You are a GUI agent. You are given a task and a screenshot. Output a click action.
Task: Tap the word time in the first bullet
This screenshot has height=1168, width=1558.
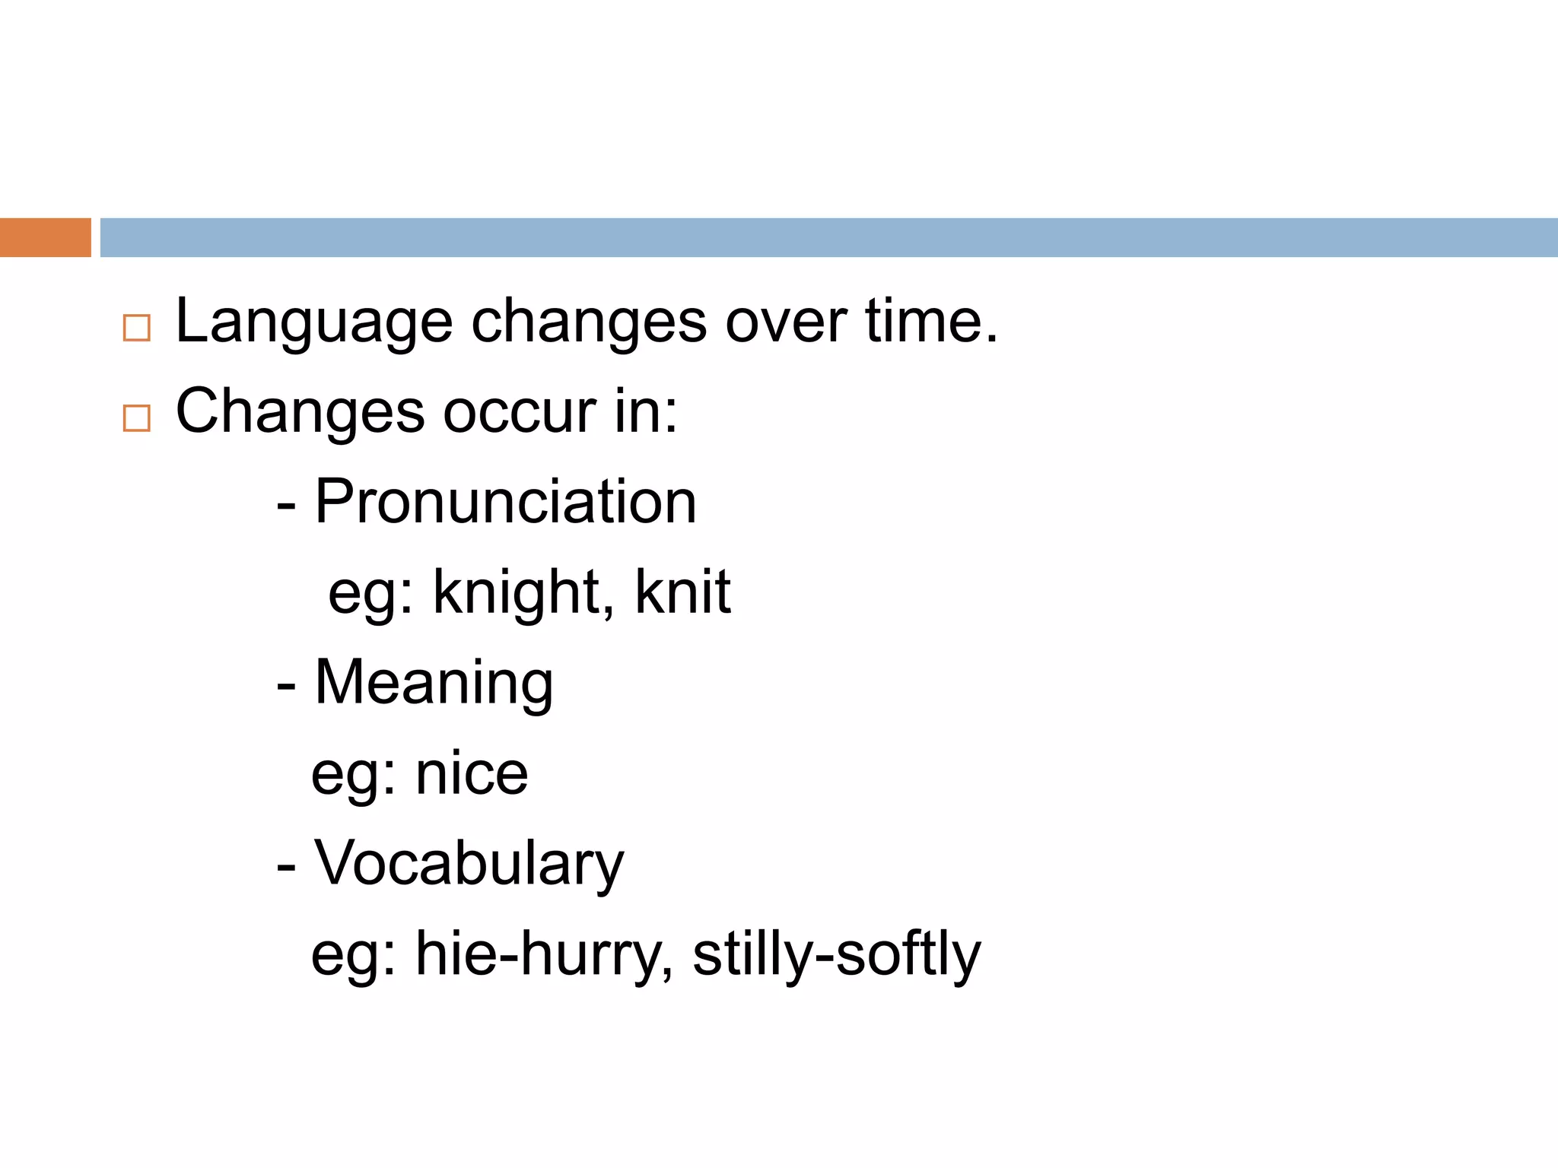[930, 321]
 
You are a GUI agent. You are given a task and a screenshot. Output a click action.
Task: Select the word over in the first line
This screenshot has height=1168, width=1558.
[784, 322]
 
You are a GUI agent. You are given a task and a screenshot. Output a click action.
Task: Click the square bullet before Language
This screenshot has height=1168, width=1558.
[136, 328]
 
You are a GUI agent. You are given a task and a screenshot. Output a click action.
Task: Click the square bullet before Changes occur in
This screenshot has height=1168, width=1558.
[136, 417]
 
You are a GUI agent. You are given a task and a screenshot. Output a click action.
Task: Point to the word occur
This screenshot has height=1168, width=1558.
[520, 412]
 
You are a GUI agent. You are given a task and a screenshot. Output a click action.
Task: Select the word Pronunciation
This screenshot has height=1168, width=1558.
[505, 502]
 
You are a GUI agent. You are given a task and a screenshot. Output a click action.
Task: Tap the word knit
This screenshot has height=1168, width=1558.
[682, 592]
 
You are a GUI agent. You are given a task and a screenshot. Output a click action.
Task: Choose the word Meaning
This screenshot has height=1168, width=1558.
[434, 683]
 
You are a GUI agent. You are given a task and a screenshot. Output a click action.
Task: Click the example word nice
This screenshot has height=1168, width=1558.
[472, 774]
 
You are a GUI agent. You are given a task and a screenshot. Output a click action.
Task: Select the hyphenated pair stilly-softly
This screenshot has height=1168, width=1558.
[836, 955]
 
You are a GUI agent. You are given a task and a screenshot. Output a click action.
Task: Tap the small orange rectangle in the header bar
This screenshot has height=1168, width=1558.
[45, 237]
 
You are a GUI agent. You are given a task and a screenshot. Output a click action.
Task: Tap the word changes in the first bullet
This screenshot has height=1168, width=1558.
[589, 322]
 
